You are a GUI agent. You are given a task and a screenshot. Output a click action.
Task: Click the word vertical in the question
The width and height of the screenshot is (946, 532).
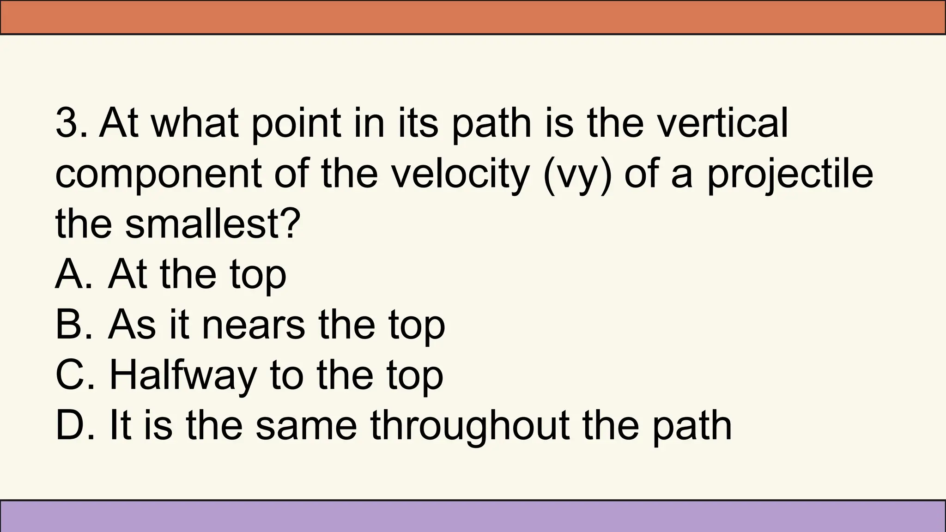pos(723,123)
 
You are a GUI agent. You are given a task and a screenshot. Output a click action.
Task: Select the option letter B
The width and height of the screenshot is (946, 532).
pos(69,325)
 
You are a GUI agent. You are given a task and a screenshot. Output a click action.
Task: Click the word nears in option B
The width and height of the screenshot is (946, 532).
pos(254,325)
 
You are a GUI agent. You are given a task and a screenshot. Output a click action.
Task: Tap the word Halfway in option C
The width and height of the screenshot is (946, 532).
pos(182,376)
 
